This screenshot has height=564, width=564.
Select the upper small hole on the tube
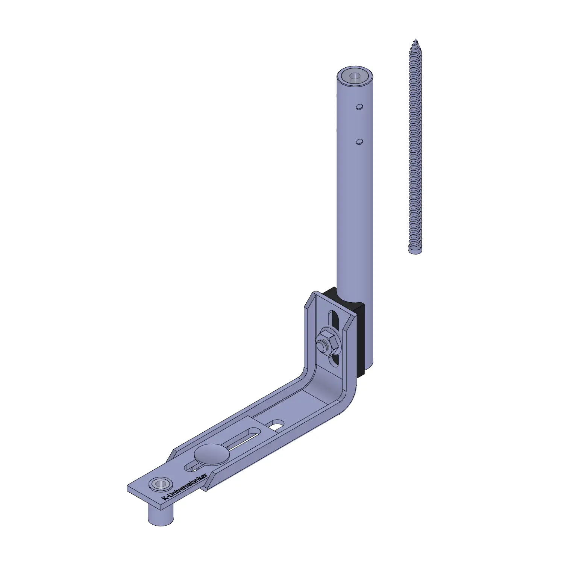point(360,107)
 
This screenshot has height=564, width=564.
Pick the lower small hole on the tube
point(359,141)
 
